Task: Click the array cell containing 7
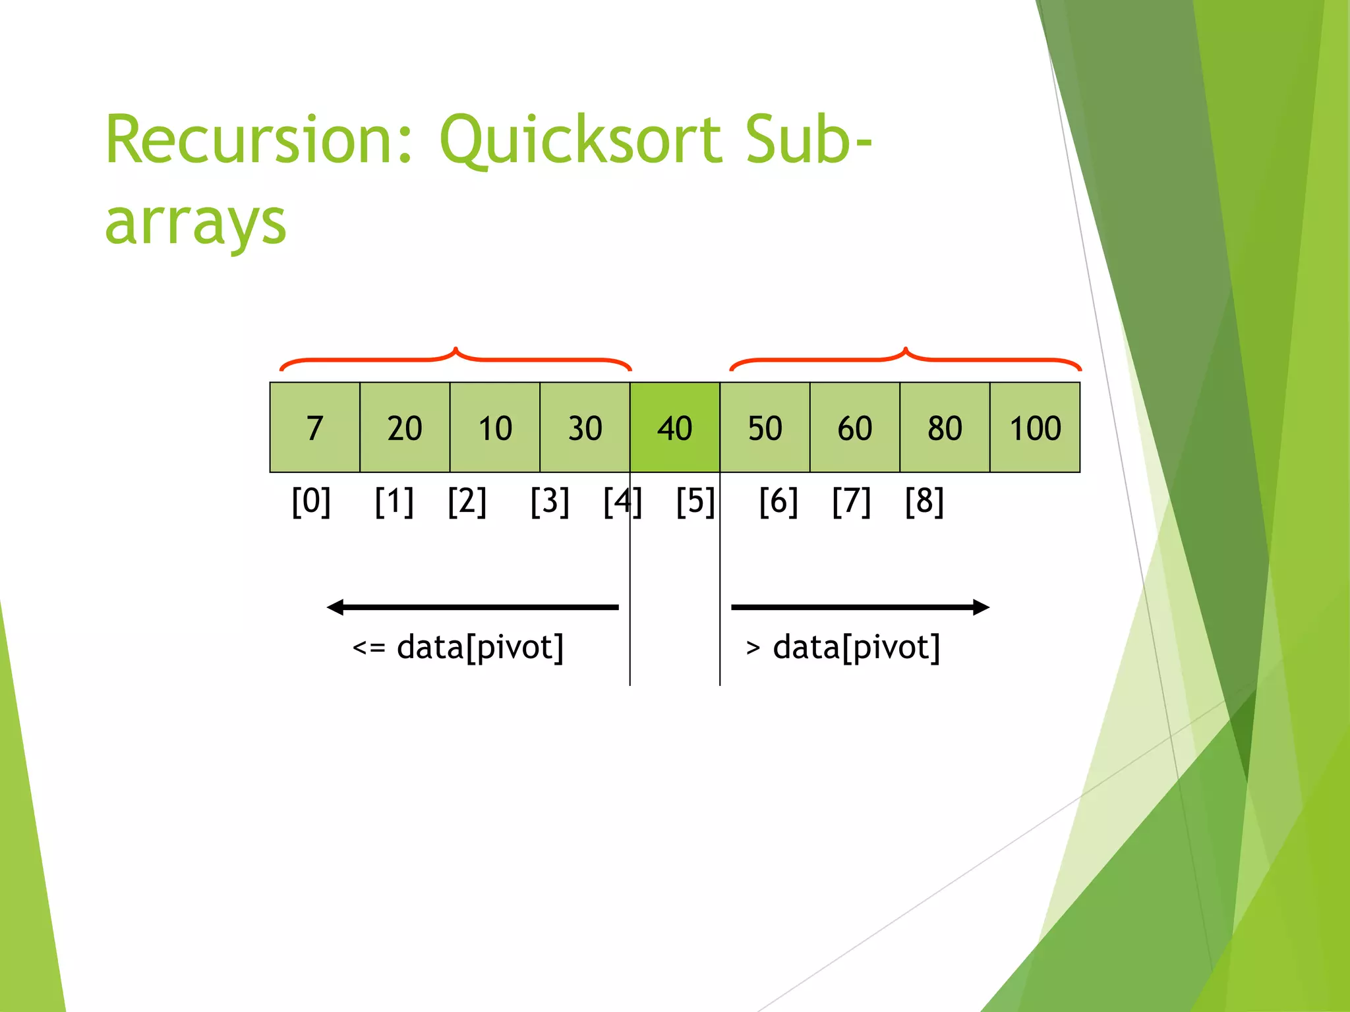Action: tap(314, 428)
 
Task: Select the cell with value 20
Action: tap(405, 428)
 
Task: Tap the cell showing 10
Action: tap(495, 428)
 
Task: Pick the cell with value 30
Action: tap(585, 428)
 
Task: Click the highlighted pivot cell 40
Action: tap(674, 428)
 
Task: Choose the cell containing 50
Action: tap(765, 428)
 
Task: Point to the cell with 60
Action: tap(855, 428)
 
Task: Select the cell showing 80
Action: tap(945, 428)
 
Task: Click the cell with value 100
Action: tap(1035, 428)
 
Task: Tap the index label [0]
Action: tap(311, 502)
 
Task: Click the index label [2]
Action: tap(467, 502)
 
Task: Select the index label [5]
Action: tap(695, 502)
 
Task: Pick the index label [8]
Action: tap(924, 502)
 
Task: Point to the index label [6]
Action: tap(778, 502)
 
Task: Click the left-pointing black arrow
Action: tap(473, 607)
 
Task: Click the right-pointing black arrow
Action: tap(860, 607)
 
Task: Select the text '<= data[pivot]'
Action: tap(458, 648)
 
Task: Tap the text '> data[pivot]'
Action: tap(843, 648)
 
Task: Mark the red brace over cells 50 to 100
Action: tap(905, 358)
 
